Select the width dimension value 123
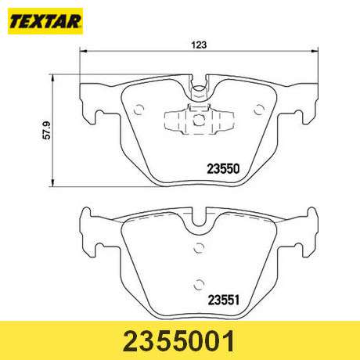(x=200, y=45)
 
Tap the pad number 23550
(x=221, y=167)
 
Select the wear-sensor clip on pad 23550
(x=200, y=120)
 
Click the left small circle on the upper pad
(x=139, y=110)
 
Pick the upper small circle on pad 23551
(x=200, y=248)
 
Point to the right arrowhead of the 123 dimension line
(x=316, y=52)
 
